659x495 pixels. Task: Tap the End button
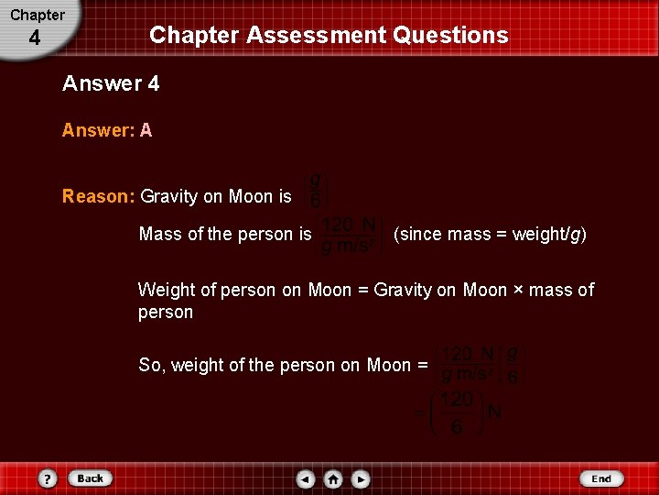[x=600, y=478]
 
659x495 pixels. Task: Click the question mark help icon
[x=48, y=478]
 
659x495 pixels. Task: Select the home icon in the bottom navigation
[x=333, y=478]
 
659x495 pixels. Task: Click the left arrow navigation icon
[x=306, y=478]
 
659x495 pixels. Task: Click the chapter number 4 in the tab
[x=35, y=38]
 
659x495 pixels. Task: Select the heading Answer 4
[x=111, y=83]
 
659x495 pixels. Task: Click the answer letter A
[x=146, y=130]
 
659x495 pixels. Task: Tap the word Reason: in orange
[x=99, y=196]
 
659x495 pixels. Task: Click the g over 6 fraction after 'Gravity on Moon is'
[x=316, y=189]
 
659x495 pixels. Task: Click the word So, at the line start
[x=152, y=366]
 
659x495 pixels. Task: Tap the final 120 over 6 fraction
[x=457, y=413]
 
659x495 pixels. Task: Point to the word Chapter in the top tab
[x=38, y=15]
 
